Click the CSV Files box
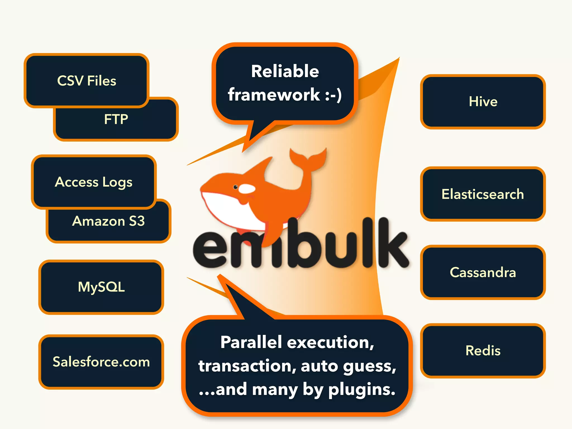click(87, 80)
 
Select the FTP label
click(116, 119)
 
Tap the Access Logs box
click(94, 182)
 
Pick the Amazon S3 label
click(108, 221)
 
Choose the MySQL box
click(101, 287)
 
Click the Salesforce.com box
click(101, 362)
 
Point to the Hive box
click(483, 101)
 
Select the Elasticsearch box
click(483, 194)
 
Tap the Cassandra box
click(483, 272)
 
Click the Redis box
click(483, 351)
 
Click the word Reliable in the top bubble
click(285, 71)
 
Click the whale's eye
click(235, 187)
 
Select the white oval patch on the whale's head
click(247, 189)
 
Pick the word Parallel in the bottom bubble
click(251, 342)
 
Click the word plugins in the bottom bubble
click(362, 390)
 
